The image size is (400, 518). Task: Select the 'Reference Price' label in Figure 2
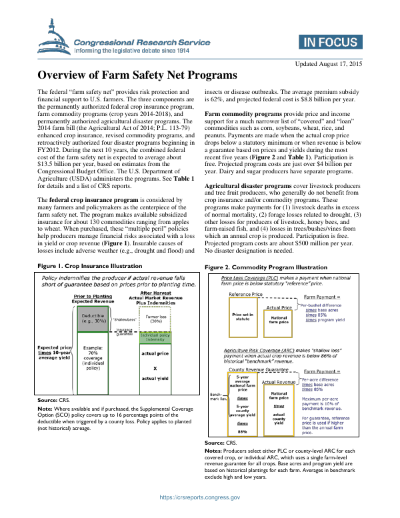pyautogui.click(x=245, y=293)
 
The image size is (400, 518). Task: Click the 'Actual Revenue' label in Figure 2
pyautogui.click(x=279, y=382)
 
